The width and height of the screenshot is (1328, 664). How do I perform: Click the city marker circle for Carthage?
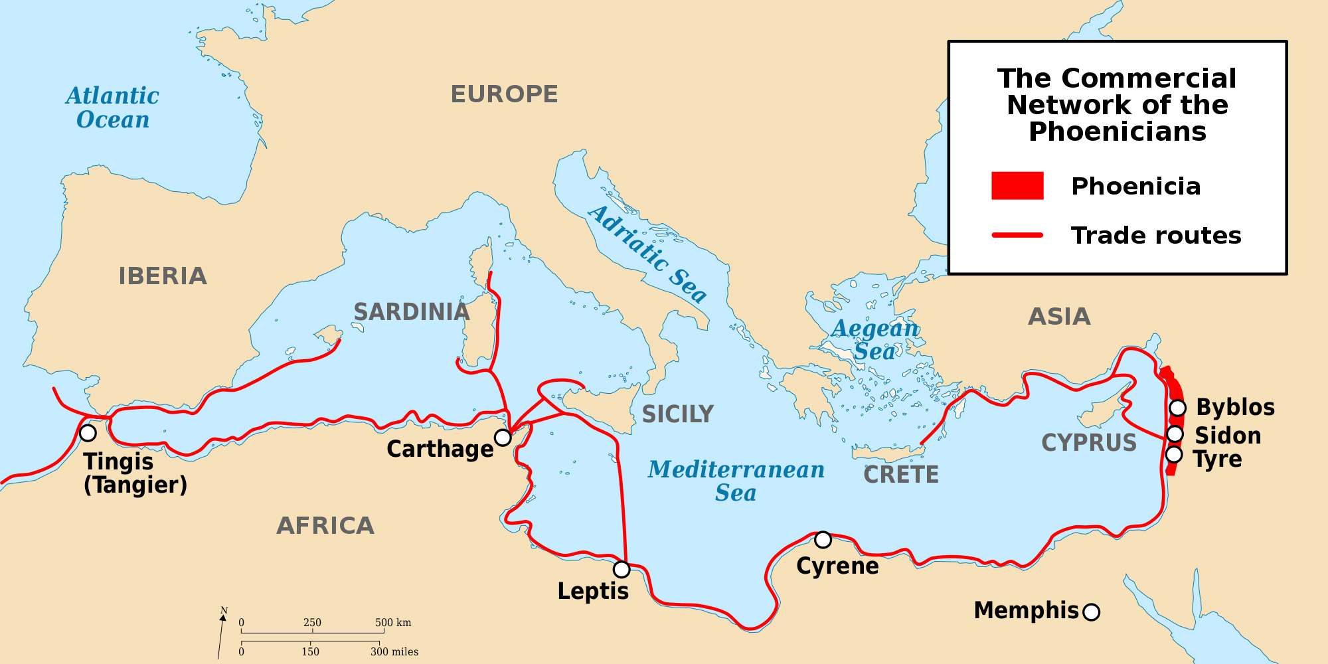(x=503, y=438)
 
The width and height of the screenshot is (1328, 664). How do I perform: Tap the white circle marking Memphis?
(x=1091, y=612)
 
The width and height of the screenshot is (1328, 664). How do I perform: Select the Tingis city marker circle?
(x=88, y=433)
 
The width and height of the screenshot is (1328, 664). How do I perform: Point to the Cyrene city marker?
(x=823, y=540)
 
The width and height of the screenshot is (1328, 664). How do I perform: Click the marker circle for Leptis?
(x=622, y=569)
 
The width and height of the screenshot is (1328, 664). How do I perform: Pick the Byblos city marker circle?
(x=1177, y=408)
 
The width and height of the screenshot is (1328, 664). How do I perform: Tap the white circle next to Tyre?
(x=1174, y=454)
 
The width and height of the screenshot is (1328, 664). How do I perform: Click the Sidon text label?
(x=1228, y=436)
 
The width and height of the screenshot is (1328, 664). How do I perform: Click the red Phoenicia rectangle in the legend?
(x=1017, y=186)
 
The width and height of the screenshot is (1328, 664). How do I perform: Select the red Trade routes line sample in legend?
(x=1017, y=235)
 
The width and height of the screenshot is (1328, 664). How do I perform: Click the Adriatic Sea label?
(x=648, y=254)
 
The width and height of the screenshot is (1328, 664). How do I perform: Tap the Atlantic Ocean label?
(x=112, y=108)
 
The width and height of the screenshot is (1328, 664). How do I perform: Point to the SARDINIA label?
(x=412, y=312)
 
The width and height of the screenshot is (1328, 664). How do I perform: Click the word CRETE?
(x=901, y=475)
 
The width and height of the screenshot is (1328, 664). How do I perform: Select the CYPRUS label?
(x=1089, y=443)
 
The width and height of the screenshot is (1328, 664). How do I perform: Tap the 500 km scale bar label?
(x=393, y=623)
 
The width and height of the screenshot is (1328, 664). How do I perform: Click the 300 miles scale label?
(x=394, y=652)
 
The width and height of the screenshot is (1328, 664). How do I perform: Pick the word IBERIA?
(x=163, y=276)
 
